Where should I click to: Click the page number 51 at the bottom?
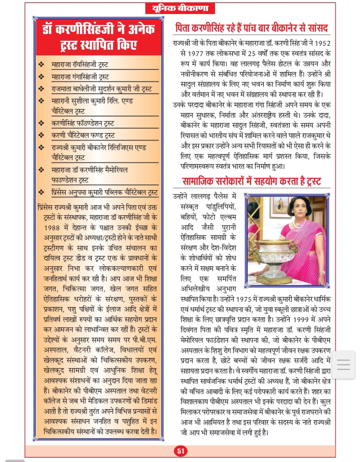(181, 450)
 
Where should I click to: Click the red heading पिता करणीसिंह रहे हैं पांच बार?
(251, 28)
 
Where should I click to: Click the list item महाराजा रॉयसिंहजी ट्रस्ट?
(80, 65)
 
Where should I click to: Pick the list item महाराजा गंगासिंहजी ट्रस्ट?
(80, 77)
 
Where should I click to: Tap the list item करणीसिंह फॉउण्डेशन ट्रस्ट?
(83, 123)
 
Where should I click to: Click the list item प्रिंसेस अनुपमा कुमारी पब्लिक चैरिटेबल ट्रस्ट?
(105, 192)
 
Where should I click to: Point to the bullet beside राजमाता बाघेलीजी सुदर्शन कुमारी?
(42, 89)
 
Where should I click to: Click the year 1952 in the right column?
(322, 43)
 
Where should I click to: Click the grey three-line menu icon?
(343, 364)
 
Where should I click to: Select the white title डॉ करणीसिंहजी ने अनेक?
(98, 29)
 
